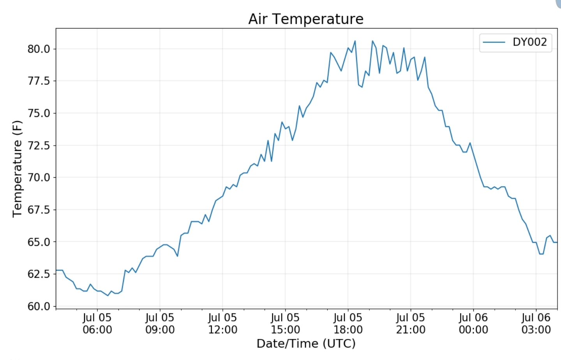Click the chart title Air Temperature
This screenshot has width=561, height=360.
(306, 19)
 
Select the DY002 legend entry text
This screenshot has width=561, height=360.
(529, 42)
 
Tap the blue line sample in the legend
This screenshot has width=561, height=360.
(494, 42)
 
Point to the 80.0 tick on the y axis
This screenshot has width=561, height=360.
(39, 49)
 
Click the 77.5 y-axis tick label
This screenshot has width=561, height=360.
(39, 81)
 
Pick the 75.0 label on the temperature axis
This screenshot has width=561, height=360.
(39, 113)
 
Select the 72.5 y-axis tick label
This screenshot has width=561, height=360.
(39, 146)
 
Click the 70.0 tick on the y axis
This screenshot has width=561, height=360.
(39, 178)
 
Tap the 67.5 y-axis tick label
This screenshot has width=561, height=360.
(39, 210)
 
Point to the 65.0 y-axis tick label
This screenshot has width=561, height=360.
(39, 242)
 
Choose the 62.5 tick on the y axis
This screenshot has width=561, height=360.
(39, 274)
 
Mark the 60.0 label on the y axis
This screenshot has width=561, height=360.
(39, 306)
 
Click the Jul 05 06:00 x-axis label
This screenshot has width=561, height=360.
(97, 324)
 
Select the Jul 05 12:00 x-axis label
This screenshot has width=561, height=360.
(222, 324)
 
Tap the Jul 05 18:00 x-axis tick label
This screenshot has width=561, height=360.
(348, 324)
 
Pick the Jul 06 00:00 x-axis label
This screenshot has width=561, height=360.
(473, 324)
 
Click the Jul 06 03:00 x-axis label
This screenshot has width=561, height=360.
(536, 324)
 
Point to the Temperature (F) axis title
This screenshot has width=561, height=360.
(17, 169)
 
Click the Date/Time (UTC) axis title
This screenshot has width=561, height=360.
(306, 344)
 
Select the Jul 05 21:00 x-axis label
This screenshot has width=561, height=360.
(411, 324)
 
